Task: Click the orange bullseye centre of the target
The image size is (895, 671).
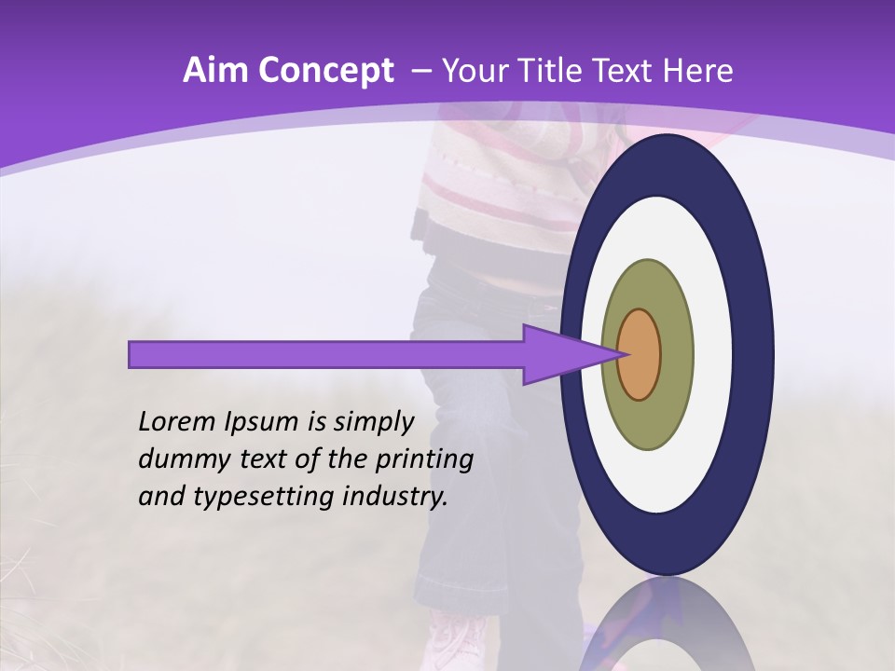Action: click(640, 354)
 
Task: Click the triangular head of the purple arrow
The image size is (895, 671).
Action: click(559, 354)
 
